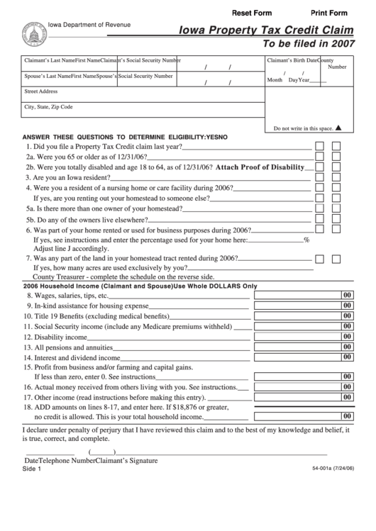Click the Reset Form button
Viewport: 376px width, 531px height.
click(252, 13)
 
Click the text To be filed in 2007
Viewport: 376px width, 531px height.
click(309, 43)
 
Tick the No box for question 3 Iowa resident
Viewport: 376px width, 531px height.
click(336, 177)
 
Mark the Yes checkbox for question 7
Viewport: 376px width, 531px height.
click(320, 259)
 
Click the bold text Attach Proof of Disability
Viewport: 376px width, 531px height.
click(260, 167)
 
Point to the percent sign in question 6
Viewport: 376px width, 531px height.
click(306, 240)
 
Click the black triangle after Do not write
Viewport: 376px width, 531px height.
click(338, 128)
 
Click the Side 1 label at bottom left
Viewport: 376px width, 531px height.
click(32, 469)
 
